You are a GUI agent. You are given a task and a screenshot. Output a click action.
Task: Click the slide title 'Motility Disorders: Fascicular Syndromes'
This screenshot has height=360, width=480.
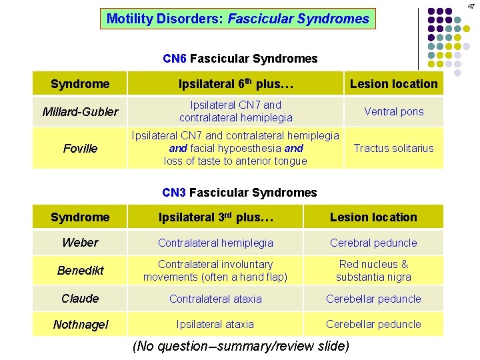[x=238, y=19]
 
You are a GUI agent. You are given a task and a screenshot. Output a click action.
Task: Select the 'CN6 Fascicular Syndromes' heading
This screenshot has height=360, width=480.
[x=240, y=59]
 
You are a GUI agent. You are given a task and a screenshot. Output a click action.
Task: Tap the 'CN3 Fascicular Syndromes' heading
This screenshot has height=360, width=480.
[x=239, y=193]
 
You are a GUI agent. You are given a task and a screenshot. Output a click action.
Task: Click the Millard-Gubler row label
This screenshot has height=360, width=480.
[x=80, y=111]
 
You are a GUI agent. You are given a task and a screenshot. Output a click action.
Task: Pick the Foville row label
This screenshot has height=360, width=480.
[x=80, y=149]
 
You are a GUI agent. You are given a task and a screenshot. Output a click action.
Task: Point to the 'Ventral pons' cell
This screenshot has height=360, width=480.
[x=393, y=111]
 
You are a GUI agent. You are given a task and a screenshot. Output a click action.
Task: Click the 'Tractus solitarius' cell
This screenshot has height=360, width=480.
[x=393, y=149]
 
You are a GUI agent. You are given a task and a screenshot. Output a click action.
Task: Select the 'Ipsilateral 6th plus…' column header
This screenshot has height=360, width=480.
[x=236, y=83]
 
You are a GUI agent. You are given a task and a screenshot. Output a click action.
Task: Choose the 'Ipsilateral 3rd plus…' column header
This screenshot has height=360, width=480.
[x=215, y=217]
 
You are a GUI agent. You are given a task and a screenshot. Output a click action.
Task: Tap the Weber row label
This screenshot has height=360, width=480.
[x=80, y=243]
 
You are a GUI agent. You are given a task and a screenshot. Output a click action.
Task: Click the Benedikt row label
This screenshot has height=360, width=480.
[x=80, y=271]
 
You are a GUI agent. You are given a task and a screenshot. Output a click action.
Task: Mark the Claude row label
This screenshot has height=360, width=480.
[x=80, y=299]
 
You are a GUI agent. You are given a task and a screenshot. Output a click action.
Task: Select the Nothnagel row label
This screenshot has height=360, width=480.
[x=80, y=324]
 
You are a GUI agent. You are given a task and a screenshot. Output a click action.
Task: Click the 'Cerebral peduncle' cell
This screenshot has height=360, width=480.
[x=373, y=243]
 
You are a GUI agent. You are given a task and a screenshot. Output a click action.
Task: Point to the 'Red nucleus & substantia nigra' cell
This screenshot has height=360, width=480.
[x=373, y=271]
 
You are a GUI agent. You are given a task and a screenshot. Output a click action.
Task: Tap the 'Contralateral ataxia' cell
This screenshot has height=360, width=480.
[x=215, y=299]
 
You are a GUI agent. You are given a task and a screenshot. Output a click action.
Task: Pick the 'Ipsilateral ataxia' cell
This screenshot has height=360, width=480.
[x=215, y=324]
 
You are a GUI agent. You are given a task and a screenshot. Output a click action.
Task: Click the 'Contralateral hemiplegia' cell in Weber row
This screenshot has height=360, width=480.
[x=215, y=243]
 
